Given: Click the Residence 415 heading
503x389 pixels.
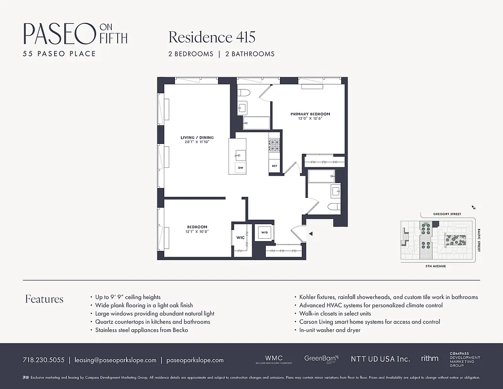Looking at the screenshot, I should point(211,37).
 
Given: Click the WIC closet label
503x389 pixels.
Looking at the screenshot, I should point(240,237).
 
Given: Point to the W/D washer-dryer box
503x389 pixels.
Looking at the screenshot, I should point(264,232).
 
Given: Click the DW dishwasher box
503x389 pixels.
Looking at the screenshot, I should point(240,168).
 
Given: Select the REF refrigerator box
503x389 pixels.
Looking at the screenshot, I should point(275,166).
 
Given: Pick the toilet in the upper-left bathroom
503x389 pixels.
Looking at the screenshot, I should point(243,92).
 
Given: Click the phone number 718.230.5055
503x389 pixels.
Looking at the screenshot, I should point(43,360).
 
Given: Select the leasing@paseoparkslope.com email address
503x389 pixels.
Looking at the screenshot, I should point(115,360).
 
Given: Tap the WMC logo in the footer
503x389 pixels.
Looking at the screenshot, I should point(274,359).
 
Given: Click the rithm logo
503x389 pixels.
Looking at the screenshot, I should point(430,358).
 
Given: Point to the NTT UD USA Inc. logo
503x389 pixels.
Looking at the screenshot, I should point(380,359).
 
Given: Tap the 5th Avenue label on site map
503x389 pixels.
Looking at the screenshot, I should point(435,266).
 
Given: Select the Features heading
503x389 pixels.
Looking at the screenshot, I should point(44,299).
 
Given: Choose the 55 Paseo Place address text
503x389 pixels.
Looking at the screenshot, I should point(59,53).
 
